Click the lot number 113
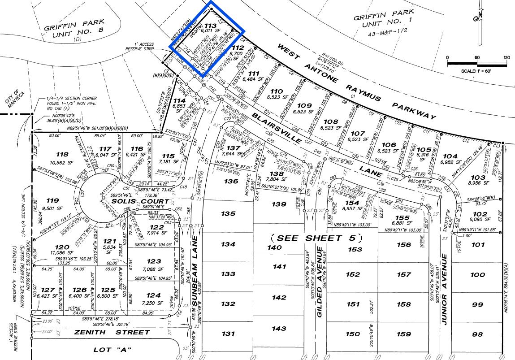tap(210, 26)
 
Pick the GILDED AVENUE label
tap(320, 282)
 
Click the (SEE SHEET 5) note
tap(316, 238)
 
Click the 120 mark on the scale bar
tap(506, 57)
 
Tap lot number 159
tap(404, 334)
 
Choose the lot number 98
tap(477, 334)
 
